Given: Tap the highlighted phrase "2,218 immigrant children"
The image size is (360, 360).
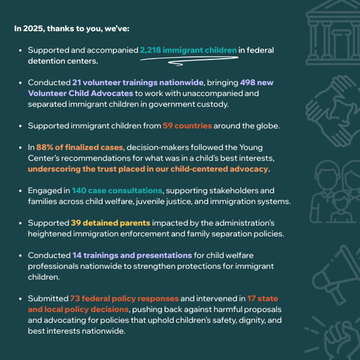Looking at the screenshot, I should click(188, 50).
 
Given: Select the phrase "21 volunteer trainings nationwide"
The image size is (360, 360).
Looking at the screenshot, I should click(124, 82).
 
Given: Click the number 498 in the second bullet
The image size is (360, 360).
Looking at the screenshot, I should click(248, 82).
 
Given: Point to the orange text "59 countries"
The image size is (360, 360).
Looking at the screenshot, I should click(187, 126).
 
